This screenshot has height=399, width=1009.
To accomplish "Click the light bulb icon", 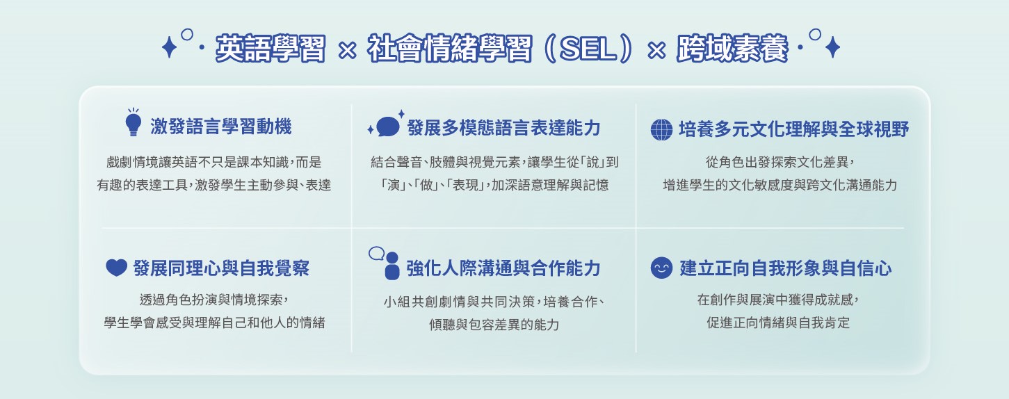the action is point(133,122).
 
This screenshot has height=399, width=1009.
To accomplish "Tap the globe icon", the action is point(662,130).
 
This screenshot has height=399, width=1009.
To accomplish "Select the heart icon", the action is point(116,268).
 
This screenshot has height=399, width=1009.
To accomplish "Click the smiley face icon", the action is point(662,268).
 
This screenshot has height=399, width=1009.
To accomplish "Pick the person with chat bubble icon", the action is point(385,263).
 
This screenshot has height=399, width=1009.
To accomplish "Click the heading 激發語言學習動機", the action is point(221,126).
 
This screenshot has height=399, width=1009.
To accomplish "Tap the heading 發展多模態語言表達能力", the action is point(503,128).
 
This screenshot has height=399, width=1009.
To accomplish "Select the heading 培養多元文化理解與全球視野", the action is point(793,129).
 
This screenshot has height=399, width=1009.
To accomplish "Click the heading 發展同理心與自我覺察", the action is point(221,268).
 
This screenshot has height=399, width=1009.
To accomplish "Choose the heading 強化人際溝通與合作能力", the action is point(503,268).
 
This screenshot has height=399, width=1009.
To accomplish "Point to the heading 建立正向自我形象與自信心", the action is point(786,268).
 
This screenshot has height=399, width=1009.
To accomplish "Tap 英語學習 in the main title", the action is point(271,48).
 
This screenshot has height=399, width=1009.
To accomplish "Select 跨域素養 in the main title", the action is point(732,48).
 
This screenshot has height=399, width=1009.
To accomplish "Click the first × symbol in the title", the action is point(347,49).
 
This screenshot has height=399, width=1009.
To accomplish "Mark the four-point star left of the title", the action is point(169,47).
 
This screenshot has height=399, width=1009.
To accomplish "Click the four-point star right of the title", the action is point(833,47).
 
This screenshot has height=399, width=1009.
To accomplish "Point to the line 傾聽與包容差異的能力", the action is point(494,325).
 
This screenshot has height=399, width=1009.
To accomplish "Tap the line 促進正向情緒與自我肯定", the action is point(778,323).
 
